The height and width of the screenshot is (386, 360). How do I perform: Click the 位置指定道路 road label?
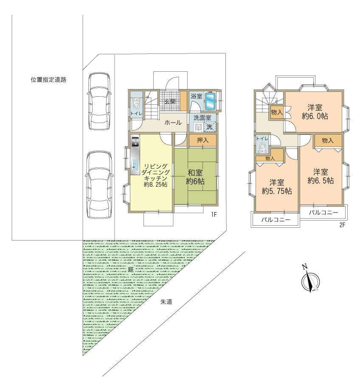[48, 80]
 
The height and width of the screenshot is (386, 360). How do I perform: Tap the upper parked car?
[99, 101]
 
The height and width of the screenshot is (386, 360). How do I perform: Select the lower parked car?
[99, 185]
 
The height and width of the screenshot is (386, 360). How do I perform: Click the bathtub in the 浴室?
[210, 101]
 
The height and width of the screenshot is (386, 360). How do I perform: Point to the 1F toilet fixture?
[136, 103]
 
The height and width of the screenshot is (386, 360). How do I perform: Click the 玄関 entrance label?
[170, 101]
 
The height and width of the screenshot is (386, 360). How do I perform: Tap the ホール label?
[173, 122]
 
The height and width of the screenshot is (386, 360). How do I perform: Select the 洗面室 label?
[202, 117]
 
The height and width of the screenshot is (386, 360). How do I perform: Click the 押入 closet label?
[202, 140]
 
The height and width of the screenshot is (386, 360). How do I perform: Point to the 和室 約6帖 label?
[195, 177]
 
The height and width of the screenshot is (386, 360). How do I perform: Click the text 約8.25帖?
[155, 185]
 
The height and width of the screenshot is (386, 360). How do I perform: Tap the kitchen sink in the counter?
[135, 165]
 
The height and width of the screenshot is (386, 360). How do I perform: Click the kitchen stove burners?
[135, 142]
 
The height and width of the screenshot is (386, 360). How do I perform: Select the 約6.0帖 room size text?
[315, 116]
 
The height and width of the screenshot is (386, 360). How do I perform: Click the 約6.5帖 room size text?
[321, 181]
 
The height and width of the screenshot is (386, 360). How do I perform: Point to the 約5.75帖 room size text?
[277, 191]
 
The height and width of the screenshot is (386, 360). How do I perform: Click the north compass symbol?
[310, 279]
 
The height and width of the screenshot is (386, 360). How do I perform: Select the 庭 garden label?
[131, 269]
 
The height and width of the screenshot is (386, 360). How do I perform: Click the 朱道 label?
[166, 302]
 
